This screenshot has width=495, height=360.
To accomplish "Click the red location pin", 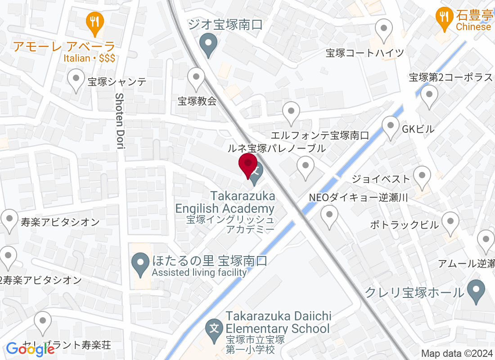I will (247, 165).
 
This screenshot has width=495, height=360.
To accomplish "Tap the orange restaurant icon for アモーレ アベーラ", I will (94, 22).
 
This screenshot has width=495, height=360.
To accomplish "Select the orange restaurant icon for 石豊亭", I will (445, 18).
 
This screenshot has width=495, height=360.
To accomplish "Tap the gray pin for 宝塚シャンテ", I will (76, 80).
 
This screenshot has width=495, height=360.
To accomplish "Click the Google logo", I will (30, 349).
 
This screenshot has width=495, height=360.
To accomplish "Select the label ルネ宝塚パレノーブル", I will (276, 148).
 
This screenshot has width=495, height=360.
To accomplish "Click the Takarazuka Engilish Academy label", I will (225, 202).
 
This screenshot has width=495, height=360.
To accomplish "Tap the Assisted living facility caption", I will (199, 272).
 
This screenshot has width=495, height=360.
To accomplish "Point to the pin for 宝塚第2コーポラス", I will (429, 96).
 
